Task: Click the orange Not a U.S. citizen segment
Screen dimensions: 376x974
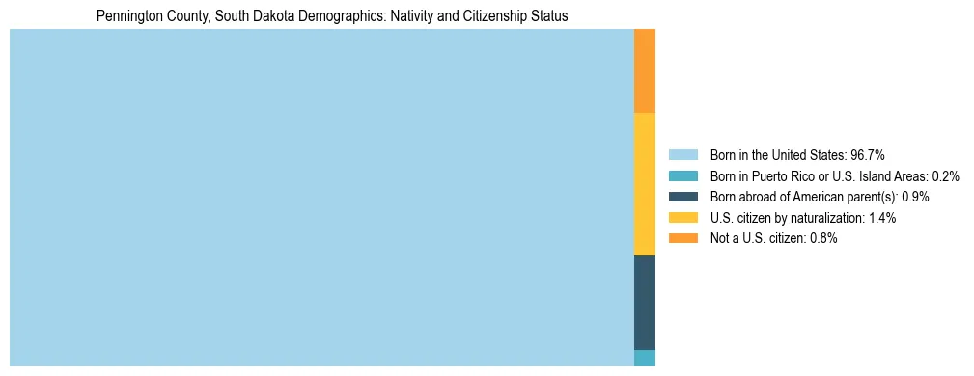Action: pyautogui.click(x=644, y=71)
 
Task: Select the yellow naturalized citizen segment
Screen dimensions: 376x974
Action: pyautogui.click(x=644, y=184)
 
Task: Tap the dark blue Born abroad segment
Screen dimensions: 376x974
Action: pyautogui.click(x=644, y=302)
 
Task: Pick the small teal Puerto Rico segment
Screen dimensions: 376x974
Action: pyautogui.click(x=644, y=358)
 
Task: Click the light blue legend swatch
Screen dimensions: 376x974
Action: pyautogui.click(x=682, y=155)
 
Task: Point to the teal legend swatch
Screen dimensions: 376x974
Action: pyautogui.click(x=682, y=176)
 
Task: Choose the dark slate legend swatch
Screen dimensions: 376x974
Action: pyautogui.click(x=682, y=197)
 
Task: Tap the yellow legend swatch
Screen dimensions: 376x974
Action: pyautogui.click(x=682, y=218)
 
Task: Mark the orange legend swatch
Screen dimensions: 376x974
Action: pyautogui.click(x=682, y=239)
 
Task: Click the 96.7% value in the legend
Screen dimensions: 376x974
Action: pyautogui.click(x=868, y=155)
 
